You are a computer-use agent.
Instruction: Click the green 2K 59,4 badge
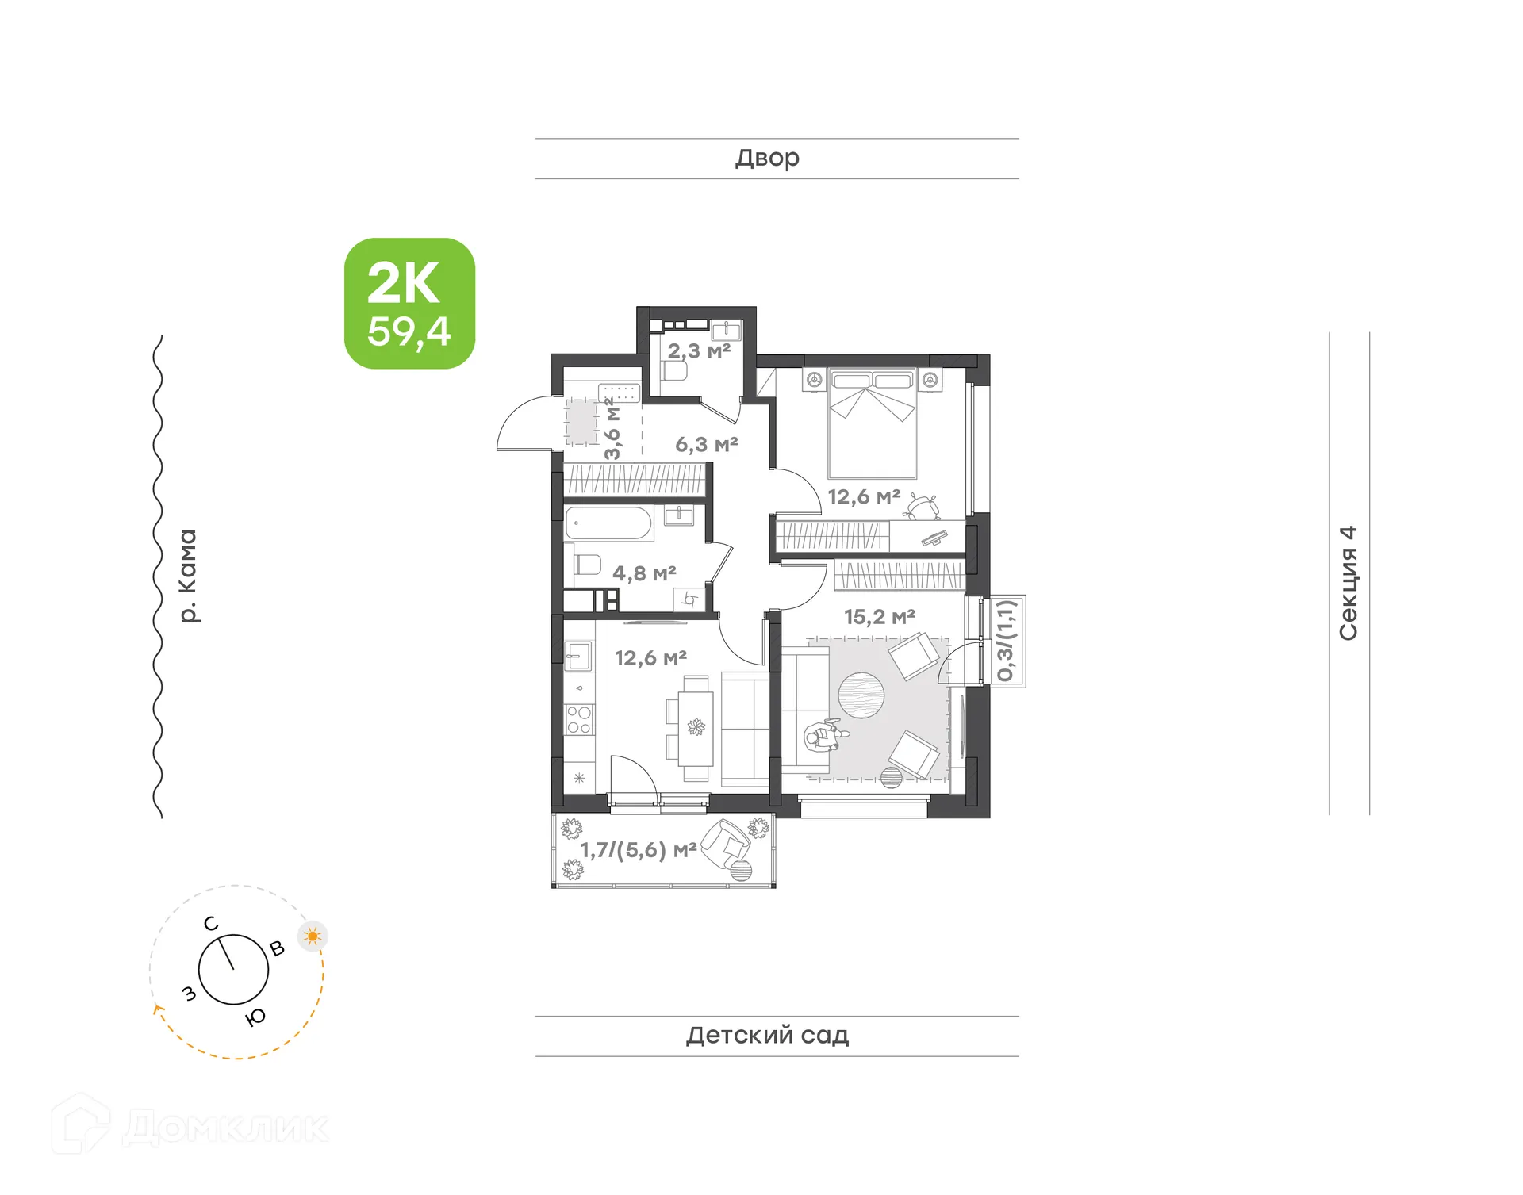409,303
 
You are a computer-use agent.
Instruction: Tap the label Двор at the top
767,158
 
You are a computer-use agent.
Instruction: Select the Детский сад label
767,1035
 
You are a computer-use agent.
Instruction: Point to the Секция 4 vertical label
1348,582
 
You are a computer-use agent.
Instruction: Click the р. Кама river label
187,576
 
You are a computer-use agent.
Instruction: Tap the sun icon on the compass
313,936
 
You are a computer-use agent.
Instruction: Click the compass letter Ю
255,1017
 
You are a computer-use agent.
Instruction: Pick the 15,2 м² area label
879,617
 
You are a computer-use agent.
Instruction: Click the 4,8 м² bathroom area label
644,573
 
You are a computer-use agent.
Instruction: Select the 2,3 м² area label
698,350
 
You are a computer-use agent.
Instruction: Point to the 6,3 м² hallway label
706,445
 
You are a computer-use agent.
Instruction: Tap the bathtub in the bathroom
608,524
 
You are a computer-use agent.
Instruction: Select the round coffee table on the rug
861,695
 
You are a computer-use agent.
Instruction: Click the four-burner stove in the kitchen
578,719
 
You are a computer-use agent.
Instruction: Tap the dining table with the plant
696,728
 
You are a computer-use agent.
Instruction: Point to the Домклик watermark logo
190,1127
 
